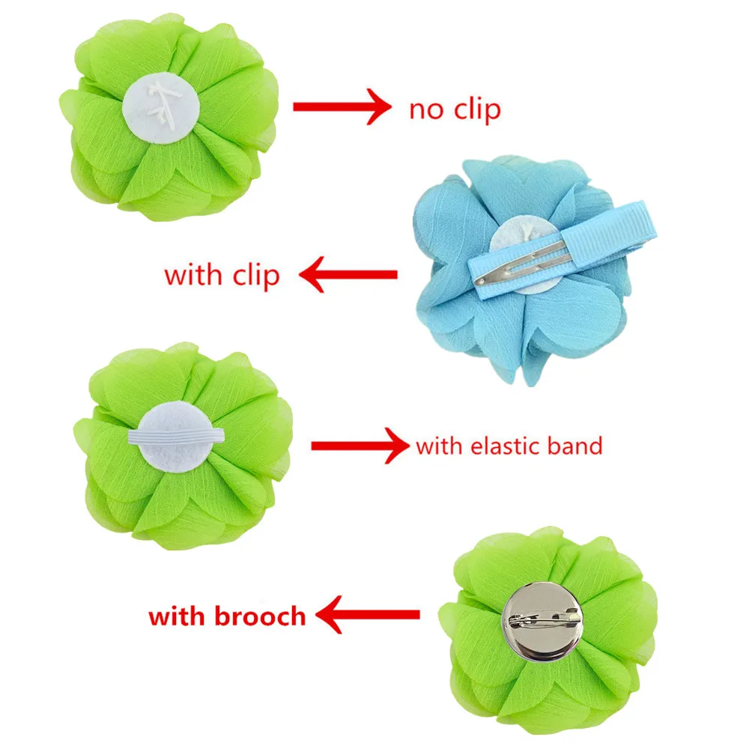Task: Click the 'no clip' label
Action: coord(455,109)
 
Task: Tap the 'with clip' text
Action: coord(222,275)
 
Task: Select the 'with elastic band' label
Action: coord(509,446)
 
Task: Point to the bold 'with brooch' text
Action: coord(227,616)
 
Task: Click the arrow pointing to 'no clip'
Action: coord(342,108)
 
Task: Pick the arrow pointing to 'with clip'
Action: coord(348,276)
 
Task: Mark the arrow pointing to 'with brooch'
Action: coord(367,616)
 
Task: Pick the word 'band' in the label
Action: coord(574,446)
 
